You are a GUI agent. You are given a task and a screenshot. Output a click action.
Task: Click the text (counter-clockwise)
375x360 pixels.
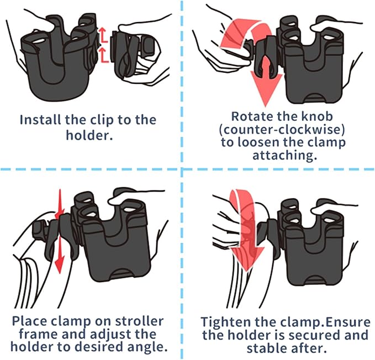click(281, 130)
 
